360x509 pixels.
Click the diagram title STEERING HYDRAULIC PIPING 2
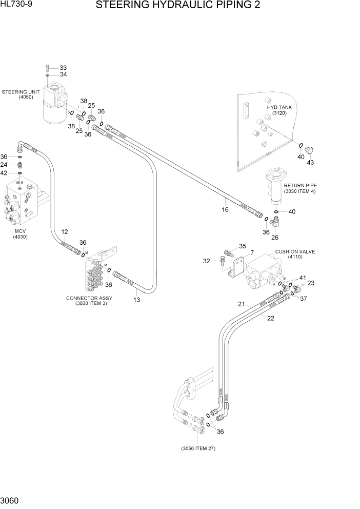click(177, 6)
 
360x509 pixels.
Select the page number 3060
click(11, 499)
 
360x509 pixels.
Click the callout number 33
click(63, 68)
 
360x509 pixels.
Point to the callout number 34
click(63, 75)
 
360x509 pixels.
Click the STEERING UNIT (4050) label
click(21, 94)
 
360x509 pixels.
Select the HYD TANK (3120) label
click(279, 110)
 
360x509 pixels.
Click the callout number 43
click(310, 163)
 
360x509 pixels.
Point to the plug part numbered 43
click(309, 150)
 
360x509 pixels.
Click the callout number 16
click(225, 209)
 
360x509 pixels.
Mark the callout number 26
click(275, 237)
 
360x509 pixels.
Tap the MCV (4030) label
click(20, 234)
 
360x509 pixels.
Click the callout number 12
click(65, 232)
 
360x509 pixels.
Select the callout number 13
click(137, 300)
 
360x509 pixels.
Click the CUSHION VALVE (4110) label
click(294, 254)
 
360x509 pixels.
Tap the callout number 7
click(252, 252)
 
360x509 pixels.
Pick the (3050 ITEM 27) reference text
click(198, 448)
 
